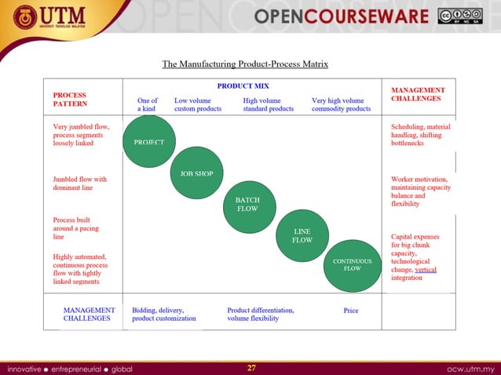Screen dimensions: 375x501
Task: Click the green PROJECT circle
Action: (149, 142)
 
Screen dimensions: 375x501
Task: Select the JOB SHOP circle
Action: (197, 173)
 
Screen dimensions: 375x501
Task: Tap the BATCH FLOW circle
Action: (247, 205)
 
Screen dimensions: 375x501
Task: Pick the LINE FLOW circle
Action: (302, 235)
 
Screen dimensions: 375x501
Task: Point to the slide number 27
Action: (251, 367)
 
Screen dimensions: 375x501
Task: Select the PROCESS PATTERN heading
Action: (70, 99)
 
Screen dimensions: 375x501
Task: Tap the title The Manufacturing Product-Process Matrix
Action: (244, 64)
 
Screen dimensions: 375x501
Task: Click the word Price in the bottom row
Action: (351, 311)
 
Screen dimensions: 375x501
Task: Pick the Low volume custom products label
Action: (198, 104)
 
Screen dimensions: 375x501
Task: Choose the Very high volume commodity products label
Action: (341, 104)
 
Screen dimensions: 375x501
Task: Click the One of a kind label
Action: (148, 104)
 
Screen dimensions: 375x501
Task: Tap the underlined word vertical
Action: (425, 269)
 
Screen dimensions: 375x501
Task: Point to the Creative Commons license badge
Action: (460, 16)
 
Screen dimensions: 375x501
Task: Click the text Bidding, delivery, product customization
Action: (163, 314)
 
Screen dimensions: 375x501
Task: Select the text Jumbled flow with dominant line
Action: (79, 184)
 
